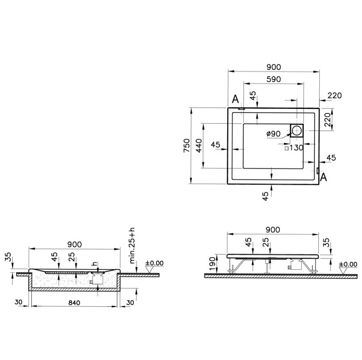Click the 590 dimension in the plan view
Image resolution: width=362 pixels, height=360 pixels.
click(x=274, y=79)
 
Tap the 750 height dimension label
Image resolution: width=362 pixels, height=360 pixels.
click(x=187, y=145)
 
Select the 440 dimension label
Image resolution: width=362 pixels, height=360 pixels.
click(x=198, y=145)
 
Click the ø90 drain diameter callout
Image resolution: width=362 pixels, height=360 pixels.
click(x=273, y=134)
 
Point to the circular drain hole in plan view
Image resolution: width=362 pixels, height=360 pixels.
click(x=297, y=130)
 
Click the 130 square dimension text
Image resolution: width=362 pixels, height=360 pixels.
click(x=296, y=148)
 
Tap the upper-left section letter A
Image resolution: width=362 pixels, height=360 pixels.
click(x=235, y=99)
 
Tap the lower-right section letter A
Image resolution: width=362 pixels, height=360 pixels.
click(x=323, y=177)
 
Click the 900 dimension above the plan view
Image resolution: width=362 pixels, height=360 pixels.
click(x=274, y=67)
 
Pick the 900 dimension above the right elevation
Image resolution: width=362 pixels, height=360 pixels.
click(x=273, y=230)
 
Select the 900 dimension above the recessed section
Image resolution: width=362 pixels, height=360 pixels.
click(x=75, y=244)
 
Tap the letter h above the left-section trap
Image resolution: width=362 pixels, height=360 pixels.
click(x=95, y=263)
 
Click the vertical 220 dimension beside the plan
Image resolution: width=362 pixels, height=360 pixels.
click(x=327, y=119)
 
